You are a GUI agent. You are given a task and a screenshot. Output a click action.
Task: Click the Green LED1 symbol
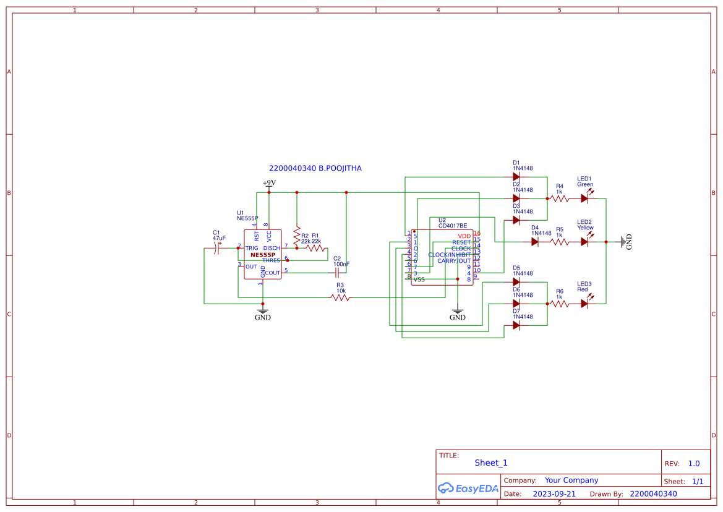pyautogui.click(x=584, y=198)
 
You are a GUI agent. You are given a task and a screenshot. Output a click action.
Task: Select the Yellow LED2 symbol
pyautogui.click(x=584, y=242)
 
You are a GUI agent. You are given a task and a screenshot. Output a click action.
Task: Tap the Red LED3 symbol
pyautogui.click(x=584, y=304)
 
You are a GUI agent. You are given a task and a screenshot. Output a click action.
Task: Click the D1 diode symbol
pyautogui.click(x=516, y=177)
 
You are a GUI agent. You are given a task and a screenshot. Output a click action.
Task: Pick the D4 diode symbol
pyautogui.click(x=534, y=242)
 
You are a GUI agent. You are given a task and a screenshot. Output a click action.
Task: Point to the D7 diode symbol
pyautogui.click(x=516, y=325)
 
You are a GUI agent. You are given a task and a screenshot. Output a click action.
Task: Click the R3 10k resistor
pyautogui.click(x=340, y=297)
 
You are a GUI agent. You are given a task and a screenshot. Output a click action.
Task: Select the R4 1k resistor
pyautogui.click(x=560, y=198)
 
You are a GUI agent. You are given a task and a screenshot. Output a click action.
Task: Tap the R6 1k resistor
pyautogui.click(x=560, y=304)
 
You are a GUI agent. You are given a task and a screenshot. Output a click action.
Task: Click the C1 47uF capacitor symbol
pyautogui.click(x=218, y=248)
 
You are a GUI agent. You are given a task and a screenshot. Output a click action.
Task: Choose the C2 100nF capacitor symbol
pyautogui.click(x=337, y=273)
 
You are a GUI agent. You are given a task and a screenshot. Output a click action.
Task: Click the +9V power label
pyautogui.click(x=269, y=183)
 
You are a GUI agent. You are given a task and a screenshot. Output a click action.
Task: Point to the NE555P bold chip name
pyautogui.click(x=263, y=255)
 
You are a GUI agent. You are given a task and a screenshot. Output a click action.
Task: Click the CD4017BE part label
pyautogui.click(x=453, y=226)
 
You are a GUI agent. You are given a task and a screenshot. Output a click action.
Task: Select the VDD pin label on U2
pyautogui.click(x=464, y=236)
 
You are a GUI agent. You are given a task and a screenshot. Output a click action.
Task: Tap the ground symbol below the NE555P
pyautogui.click(x=263, y=312)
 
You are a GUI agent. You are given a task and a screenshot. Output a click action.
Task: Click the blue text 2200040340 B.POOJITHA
pyautogui.click(x=315, y=168)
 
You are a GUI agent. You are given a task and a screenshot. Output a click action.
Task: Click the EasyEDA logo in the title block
pyautogui.click(x=468, y=488)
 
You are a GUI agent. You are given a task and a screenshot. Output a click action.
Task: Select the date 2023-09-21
pyautogui.click(x=554, y=494)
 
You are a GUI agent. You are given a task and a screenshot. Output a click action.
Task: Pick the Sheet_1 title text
pyautogui.click(x=491, y=463)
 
